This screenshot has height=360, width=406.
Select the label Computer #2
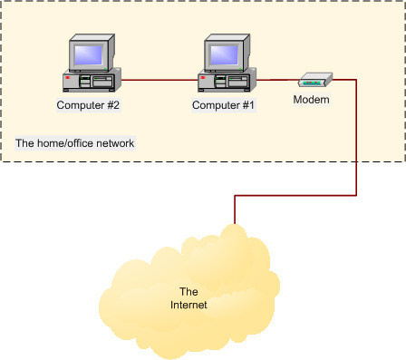[x=88, y=105]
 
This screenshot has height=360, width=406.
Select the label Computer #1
[x=224, y=105]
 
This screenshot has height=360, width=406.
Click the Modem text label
[x=311, y=99]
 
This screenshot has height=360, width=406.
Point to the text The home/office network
[x=75, y=143]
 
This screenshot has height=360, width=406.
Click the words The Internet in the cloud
[x=188, y=297]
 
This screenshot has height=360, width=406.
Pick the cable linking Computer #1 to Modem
[x=281, y=81]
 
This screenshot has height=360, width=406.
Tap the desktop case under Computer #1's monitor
[x=227, y=82]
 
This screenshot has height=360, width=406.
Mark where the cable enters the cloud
[x=235, y=223]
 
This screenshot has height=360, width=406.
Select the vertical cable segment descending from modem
[x=355, y=136]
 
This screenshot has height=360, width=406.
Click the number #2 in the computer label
[x=112, y=105]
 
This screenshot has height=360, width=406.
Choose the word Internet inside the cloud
[x=188, y=305]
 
